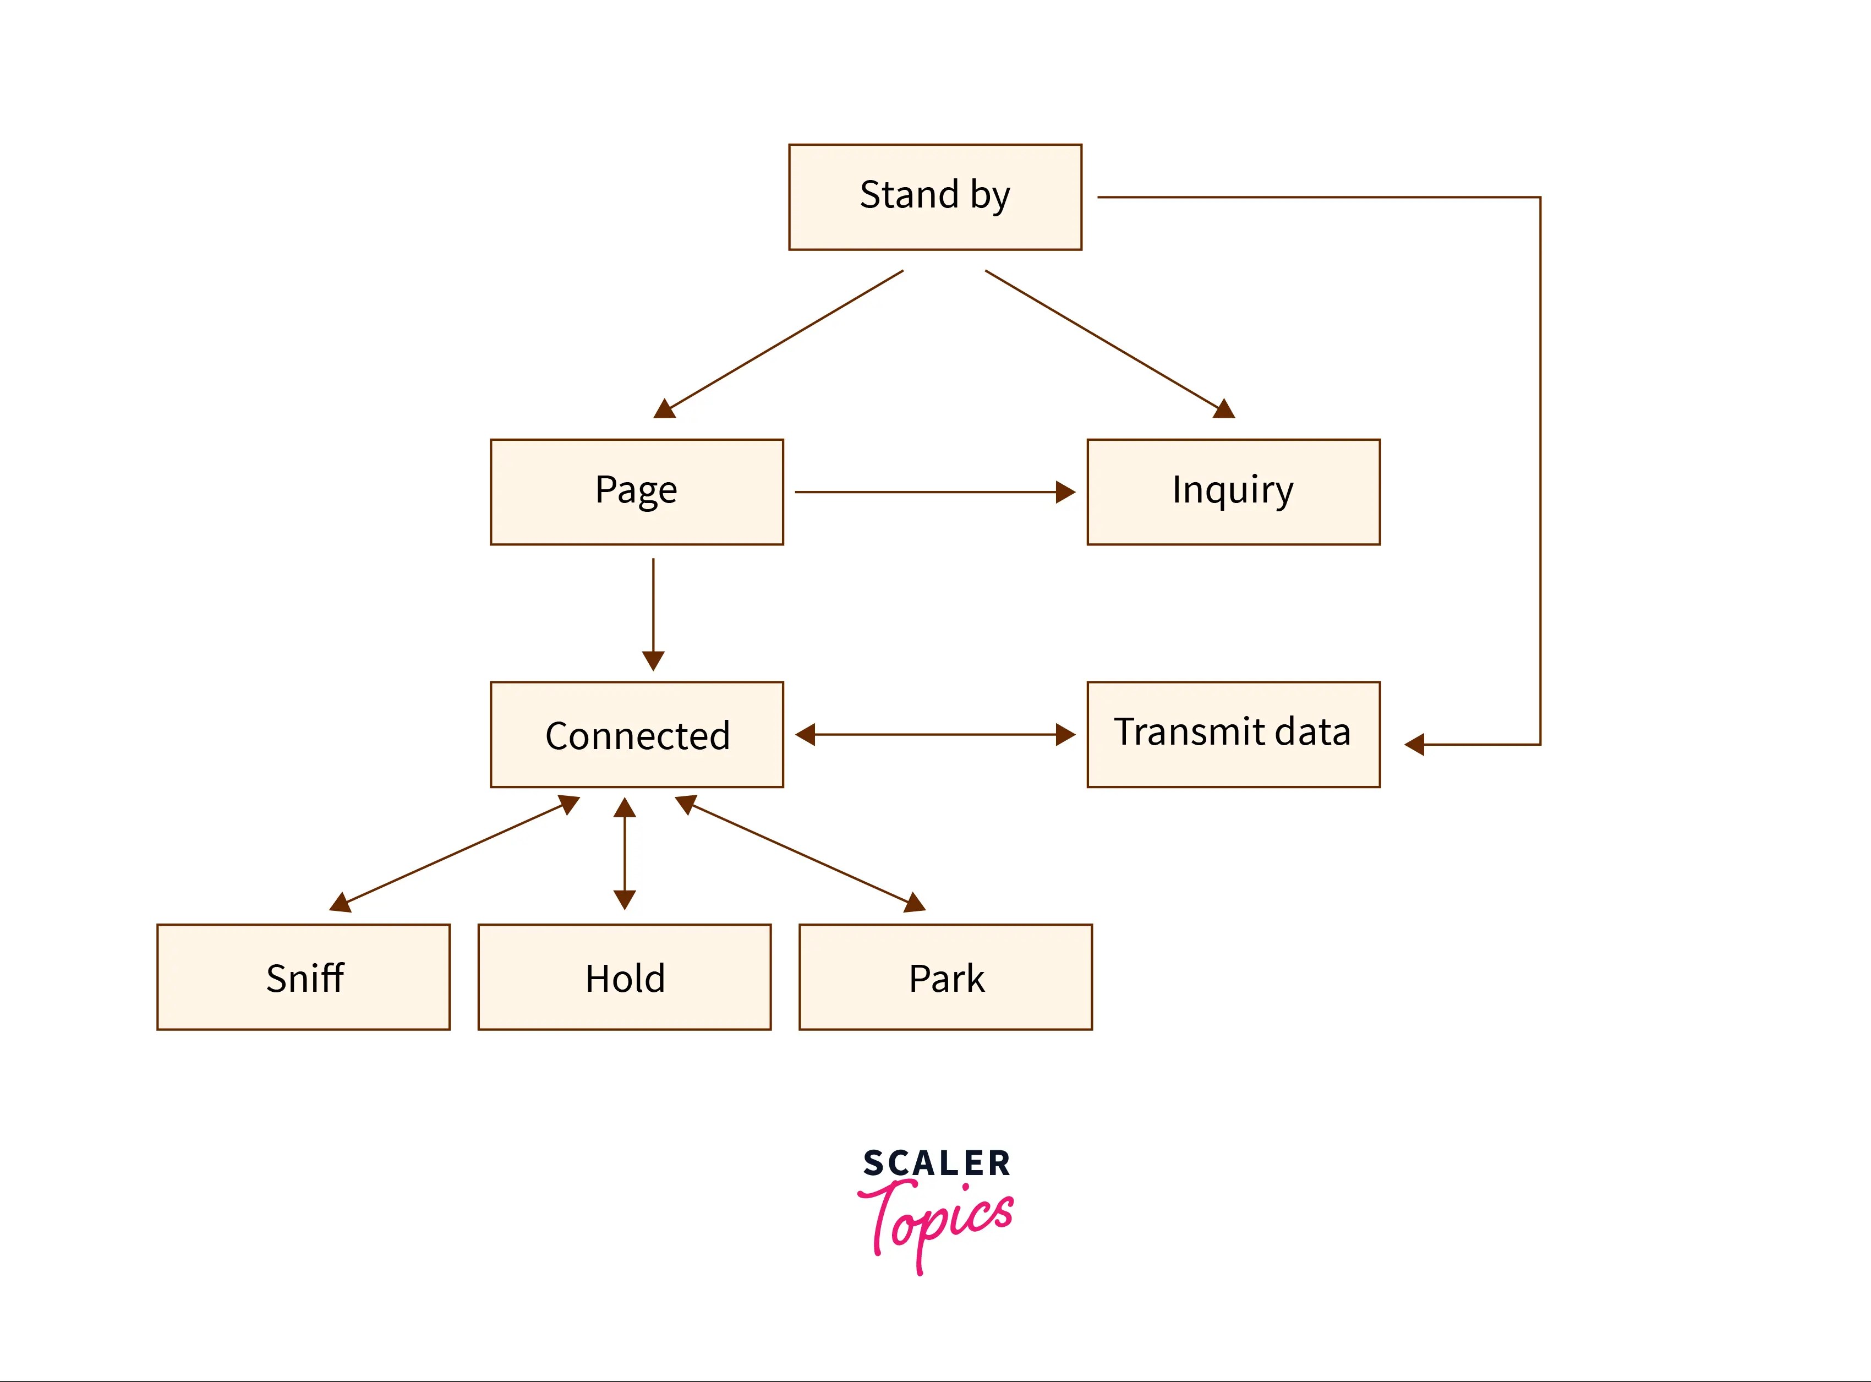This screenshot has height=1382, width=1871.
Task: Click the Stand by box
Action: pos(935,196)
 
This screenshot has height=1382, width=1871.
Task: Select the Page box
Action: pos(637,492)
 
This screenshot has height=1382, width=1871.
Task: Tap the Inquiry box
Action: pos(1233,492)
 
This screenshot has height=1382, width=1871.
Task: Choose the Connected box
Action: pos(637,735)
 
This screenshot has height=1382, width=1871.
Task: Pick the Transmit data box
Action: pos(1233,735)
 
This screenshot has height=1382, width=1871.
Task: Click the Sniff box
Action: pos(304,977)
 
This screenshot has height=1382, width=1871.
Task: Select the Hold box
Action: pos(624,977)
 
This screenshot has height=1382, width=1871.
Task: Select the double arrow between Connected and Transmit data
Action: pos(935,735)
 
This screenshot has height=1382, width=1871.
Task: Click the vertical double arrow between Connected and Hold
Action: pos(625,853)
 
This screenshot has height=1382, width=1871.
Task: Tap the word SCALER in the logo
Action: pos(936,1163)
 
